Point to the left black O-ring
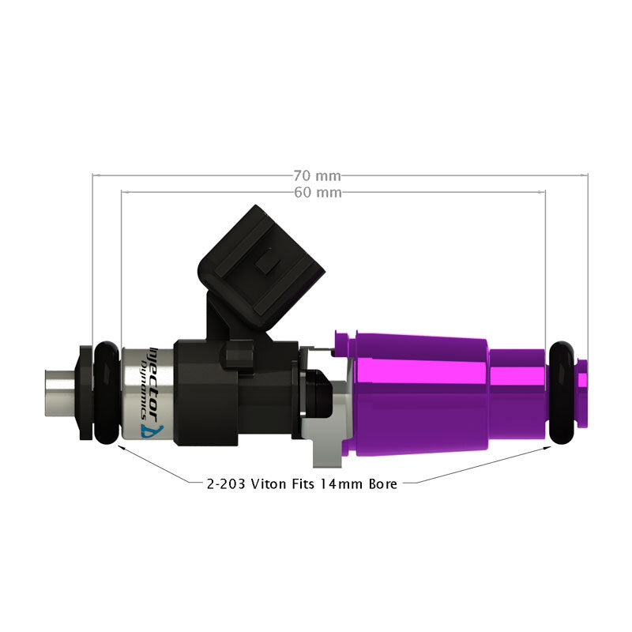click(x=105, y=392)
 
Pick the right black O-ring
click(x=561, y=392)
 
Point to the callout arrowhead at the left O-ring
click(x=120, y=446)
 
